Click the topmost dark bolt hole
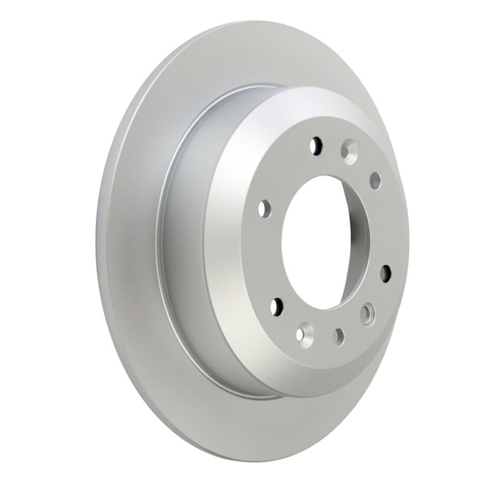[x=316, y=146]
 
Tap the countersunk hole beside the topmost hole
[x=349, y=149]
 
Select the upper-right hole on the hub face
[x=375, y=180]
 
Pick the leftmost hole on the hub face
[x=264, y=209]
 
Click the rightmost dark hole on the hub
[x=386, y=273]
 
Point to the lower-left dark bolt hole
[x=278, y=306]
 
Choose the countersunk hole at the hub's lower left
[x=304, y=332]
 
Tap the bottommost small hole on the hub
[x=339, y=336]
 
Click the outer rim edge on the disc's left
[x=100, y=242]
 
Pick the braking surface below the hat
[x=242, y=427]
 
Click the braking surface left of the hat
[x=129, y=242]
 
